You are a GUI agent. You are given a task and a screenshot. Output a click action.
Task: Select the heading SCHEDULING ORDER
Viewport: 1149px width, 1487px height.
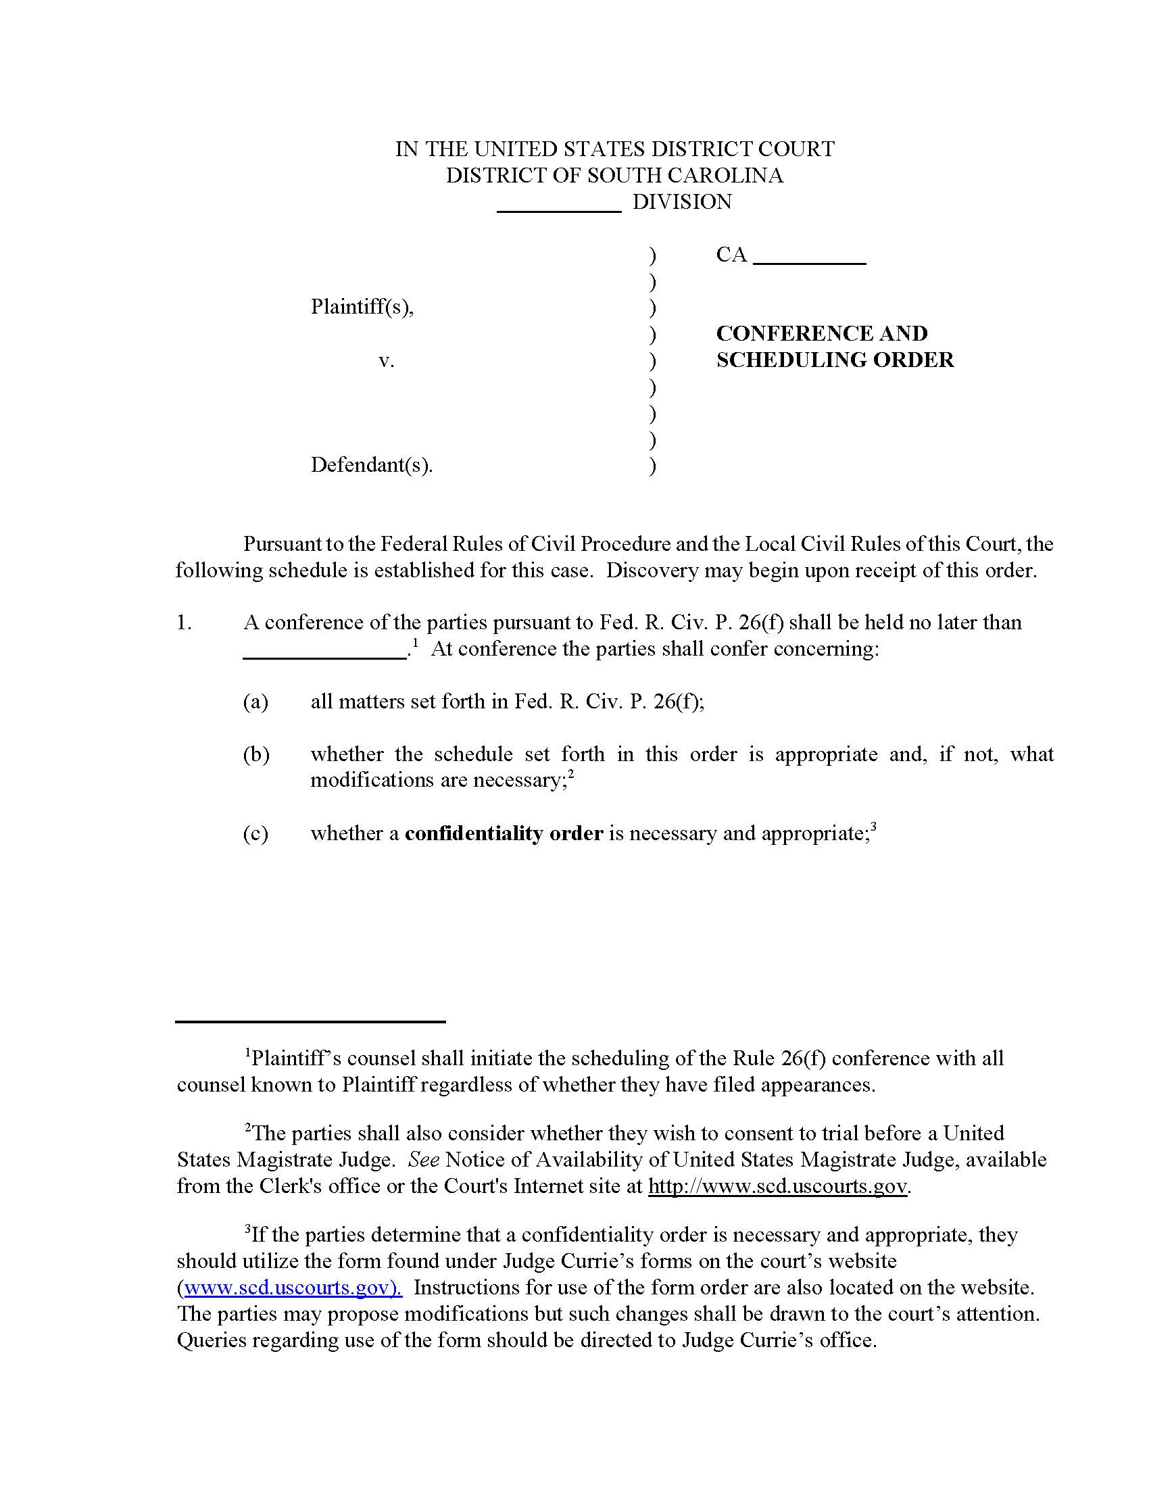835,360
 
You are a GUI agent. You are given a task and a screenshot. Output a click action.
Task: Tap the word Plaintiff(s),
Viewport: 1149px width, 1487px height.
362,307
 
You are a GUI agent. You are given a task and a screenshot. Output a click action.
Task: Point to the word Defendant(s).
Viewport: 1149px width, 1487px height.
372,465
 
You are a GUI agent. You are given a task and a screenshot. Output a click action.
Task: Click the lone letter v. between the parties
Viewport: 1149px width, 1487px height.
386,360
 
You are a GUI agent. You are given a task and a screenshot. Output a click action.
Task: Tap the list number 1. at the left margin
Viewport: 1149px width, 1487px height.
184,623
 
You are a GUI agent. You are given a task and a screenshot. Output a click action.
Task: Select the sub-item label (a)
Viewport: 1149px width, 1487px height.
255,702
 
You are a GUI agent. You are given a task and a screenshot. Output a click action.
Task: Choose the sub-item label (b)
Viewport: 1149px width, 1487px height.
255,754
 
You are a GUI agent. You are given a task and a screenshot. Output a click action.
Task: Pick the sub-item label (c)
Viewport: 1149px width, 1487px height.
255,833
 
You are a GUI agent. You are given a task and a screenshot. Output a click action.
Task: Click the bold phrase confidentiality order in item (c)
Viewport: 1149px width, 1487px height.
504,833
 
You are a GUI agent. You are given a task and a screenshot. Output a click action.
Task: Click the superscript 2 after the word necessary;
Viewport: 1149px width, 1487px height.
572,773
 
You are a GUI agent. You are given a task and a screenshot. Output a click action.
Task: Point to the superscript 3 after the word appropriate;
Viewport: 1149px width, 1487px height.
873,827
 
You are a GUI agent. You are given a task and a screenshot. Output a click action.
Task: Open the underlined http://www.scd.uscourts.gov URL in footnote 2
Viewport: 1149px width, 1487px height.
777,1186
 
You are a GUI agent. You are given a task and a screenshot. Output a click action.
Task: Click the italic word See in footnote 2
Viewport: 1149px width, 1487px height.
423,1159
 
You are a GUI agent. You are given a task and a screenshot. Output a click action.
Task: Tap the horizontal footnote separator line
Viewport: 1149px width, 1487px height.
310,1022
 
